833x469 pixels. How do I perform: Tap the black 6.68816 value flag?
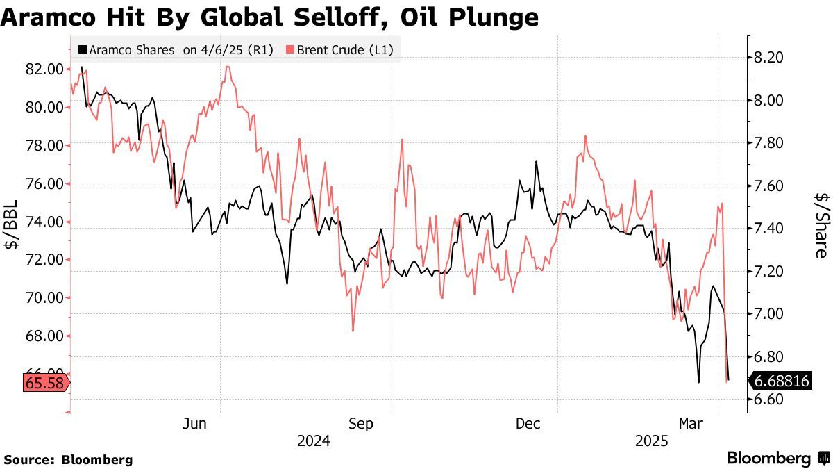(781, 381)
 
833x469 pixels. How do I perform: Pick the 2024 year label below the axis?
(313, 441)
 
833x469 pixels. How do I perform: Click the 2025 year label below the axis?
(651, 441)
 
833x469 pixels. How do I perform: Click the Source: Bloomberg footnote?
(68, 459)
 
